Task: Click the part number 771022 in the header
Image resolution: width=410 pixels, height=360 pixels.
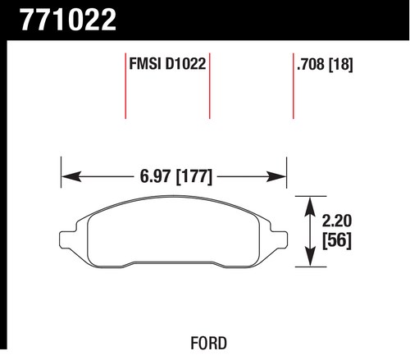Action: pos(68,20)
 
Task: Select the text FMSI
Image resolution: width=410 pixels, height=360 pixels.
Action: pos(144,64)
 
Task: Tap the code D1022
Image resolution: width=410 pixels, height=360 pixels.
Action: pos(185,64)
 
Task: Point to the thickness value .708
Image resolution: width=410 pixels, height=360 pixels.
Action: pos(311,65)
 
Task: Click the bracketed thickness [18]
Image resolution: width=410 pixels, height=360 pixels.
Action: pos(340,65)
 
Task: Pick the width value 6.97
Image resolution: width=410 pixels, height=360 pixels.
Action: pos(155,176)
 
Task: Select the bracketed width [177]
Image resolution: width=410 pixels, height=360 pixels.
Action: pos(194,177)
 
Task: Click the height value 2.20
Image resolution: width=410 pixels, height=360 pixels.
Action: pos(336,221)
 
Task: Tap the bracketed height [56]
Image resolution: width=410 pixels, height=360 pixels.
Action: pos(337,241)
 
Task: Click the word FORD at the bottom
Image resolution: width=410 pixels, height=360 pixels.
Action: pos(208,343)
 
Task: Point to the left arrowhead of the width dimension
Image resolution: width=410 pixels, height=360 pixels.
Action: pos(71,176)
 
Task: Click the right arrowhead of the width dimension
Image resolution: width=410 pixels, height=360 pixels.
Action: pos(276,176)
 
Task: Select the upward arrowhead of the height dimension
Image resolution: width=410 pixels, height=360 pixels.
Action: pos(310,207)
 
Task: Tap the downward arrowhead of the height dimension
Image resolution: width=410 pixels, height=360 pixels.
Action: pos(310,257)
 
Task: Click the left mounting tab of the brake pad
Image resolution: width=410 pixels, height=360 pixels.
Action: pos(68,240)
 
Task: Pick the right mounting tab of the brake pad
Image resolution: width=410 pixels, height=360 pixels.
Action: pos(279,240)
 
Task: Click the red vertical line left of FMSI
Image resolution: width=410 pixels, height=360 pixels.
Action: pos(125,85)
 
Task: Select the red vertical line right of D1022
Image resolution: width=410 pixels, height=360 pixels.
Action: pos(210,85)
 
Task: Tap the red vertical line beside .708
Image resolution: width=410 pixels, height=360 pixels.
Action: pos(294,85)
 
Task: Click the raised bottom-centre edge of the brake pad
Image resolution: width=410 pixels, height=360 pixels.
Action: pos(174,262)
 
